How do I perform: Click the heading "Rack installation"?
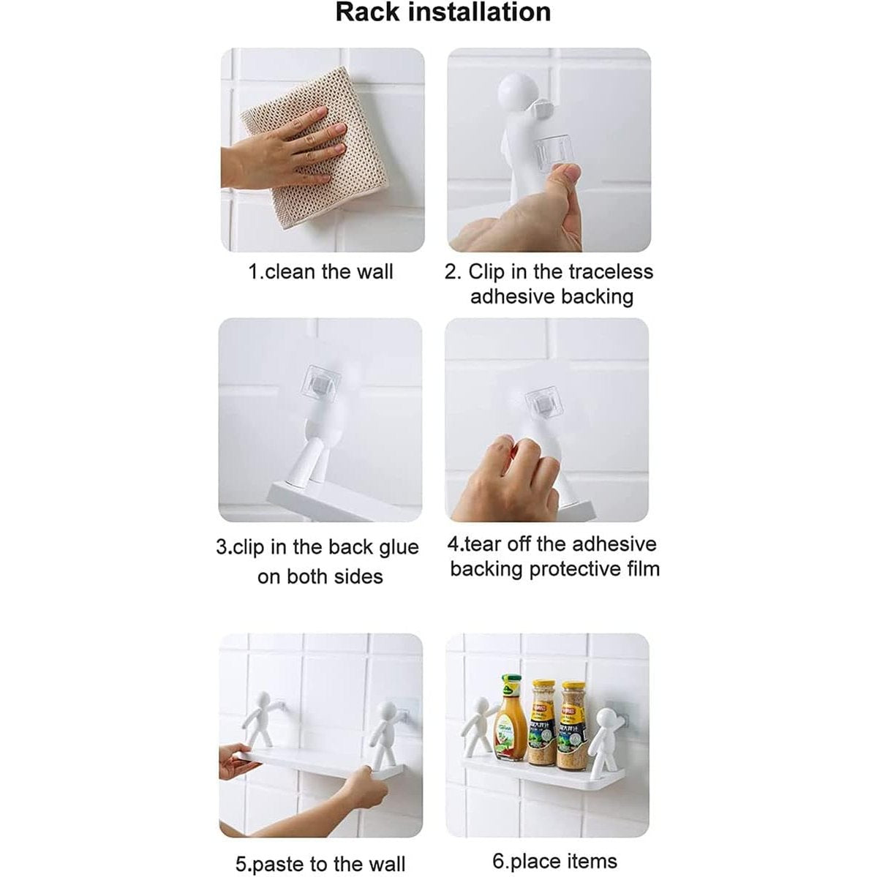click(443, 12)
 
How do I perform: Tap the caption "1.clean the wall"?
click(321, 272)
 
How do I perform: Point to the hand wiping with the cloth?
click(279, 151)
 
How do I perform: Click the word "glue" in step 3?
click(398, 548)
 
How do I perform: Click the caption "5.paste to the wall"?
click(320, 864)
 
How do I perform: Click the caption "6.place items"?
click(554, 861)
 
